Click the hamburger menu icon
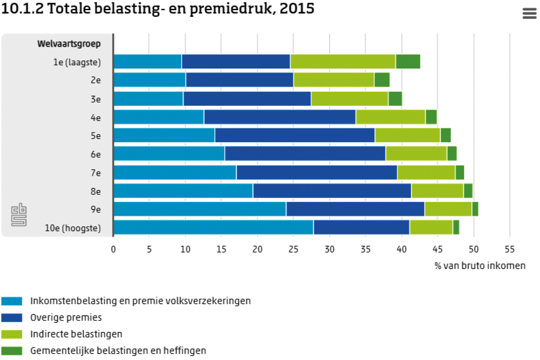(529, 14)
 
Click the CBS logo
(19, 214)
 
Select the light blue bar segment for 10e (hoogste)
(213, 227)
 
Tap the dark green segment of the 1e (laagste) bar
(408, 62)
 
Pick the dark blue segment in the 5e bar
(295, 135)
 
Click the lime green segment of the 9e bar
(448, 209)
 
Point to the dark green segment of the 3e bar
(395, 99)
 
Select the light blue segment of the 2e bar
(150, 80)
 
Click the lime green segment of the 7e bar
(426, 172)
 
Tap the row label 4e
(96, 117)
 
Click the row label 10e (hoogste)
(73, 228)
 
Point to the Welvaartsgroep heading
(69, 44)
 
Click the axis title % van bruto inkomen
(479, 266)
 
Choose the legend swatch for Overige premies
(11, 317)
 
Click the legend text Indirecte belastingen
(76, 334)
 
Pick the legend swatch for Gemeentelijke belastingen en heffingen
(11, 350)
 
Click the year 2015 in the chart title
(296, 9)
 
